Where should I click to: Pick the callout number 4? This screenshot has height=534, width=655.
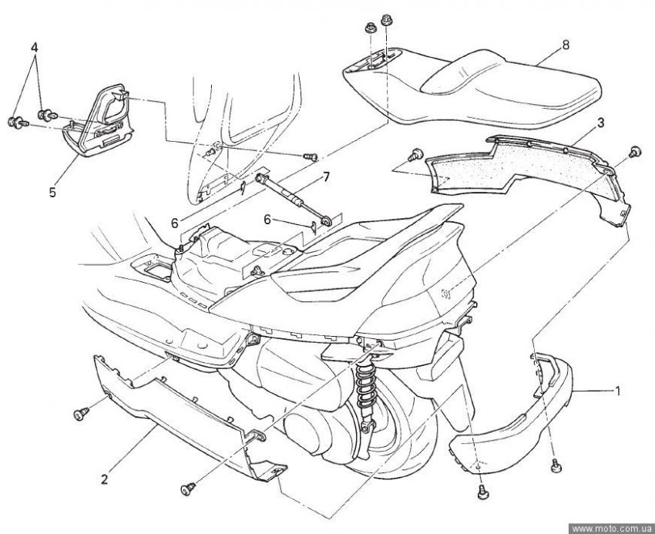pos(34,47)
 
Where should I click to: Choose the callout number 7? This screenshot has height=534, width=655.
pos(326,177)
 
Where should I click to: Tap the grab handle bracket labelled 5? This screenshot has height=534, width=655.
pos(100,123)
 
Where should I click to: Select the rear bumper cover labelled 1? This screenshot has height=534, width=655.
pos(524,416)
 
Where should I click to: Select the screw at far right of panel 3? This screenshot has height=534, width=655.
pos(636,150)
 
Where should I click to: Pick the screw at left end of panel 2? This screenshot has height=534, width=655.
pos(79,416)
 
